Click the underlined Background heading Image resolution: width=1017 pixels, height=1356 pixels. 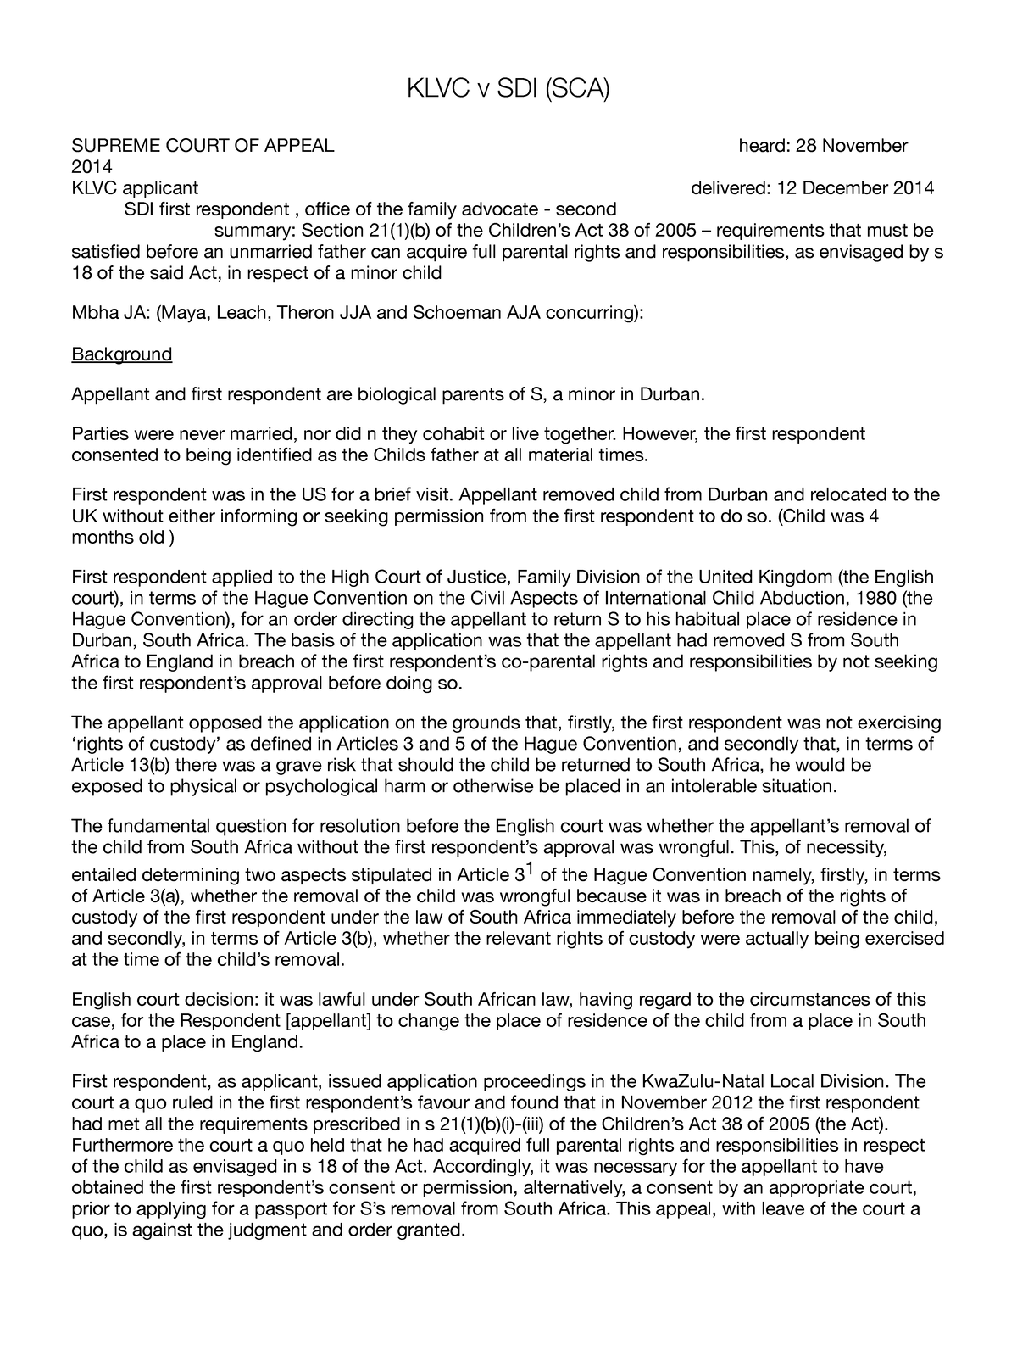pyautogui.click(x=122, y=354)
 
